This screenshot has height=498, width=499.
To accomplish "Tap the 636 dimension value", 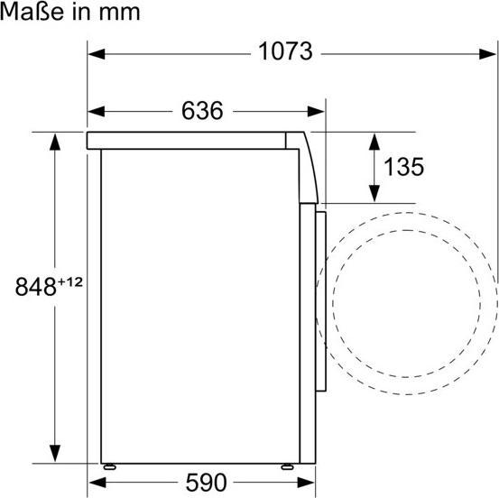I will coord(202,111).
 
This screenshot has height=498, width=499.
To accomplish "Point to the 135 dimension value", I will coord(402,167).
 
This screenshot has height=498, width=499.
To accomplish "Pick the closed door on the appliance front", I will coord(319,298).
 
